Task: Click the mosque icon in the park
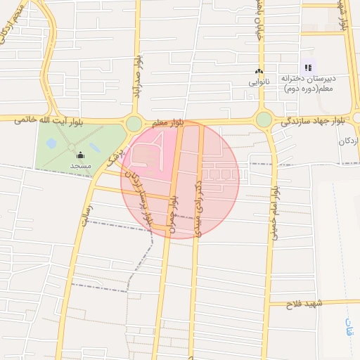click(79, 155)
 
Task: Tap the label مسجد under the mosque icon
click(79, 165)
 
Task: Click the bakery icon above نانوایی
click(259, 72)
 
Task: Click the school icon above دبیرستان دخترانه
click(308, 67)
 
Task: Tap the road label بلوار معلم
click(168, 123)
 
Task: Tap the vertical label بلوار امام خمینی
click(275, 211)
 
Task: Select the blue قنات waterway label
click(349, 327)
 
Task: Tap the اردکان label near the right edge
click(347, 141)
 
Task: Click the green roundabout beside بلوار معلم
click(134, 124)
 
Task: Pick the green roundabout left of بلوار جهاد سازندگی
click(264, 120)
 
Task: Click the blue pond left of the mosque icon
click(51, 143)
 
